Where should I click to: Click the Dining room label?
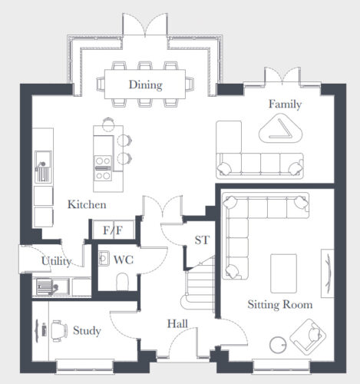(x=146, y=84)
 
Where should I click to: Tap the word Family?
(x=285, y=104)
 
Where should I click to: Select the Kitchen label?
(x=87, y=204)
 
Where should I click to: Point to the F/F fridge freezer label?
(x=113, y=230)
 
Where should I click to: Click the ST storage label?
(x=202, y=240)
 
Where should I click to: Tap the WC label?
(x=124, y=260)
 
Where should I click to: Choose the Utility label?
(x=56, y=261)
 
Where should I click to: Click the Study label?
(x=87, y=330)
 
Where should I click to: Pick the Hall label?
(x=177, y=324)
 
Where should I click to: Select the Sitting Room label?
(x=280, y=305)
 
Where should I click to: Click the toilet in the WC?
(x=122, y=282)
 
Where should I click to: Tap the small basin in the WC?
(x=104, y=258)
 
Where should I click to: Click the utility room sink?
(x=52, y=286)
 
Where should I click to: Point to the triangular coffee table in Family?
(x=281, y=129)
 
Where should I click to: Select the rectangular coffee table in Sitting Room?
(x=284, y=273)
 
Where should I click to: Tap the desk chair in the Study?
(x=59, y=331)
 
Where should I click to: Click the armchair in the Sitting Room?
(x=308, y=336)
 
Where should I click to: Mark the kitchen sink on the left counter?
(x=43, y=167)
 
